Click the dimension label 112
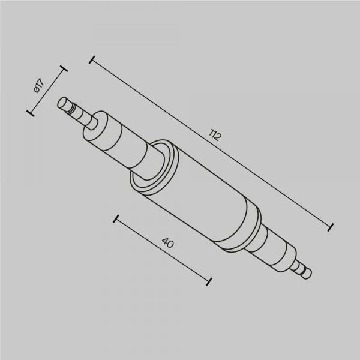coord(215,135)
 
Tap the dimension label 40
coord(167,242)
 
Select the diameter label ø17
coord(39,86)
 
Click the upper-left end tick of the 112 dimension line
coord(92,59)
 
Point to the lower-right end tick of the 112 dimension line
coord(331,227)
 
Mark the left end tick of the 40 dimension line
coord(116,219)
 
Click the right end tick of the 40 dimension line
coord(209,281)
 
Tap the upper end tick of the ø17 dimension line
coord(64,68)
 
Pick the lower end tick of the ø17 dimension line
coord(31,113)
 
